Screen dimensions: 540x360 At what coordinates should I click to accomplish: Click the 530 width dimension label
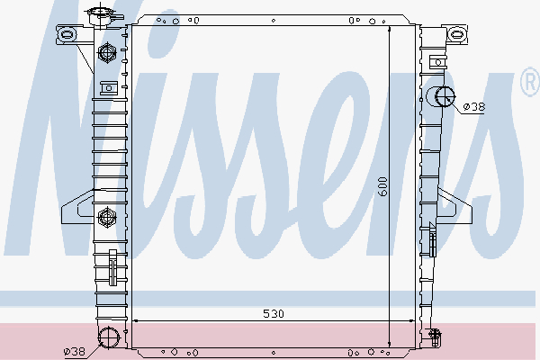pyautogui.click(x=274, y=314)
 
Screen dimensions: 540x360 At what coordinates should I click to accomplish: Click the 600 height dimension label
pyautogui.click(x=382, y=186)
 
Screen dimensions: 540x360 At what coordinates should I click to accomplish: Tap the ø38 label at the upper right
pyautogui.click(x=474, y=107)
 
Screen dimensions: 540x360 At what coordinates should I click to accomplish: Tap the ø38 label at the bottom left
pyautogui.click(x=75, y=351)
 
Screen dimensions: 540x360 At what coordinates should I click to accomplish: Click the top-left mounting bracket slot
pyautogui.click(x=66, y=34)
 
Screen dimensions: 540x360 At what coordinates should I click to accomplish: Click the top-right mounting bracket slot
pyautogui.click(x=457, y=34)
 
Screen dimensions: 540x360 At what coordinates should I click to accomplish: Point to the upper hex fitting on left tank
pyautogui.click(x=107, y=53)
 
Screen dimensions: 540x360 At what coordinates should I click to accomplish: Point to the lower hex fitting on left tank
pyautogui.click(x=107, y=218)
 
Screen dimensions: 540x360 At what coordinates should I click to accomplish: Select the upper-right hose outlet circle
pyautogui.click(x=445, y=97)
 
